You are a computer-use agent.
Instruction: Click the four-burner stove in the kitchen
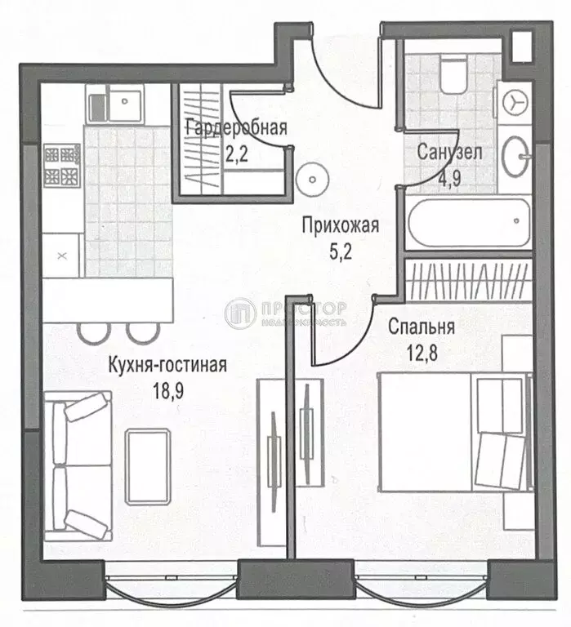(62, 164)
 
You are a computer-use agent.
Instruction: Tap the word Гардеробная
(236, 127)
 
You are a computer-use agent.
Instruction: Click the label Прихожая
(340, 226)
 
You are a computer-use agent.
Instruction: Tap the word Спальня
(422, 327)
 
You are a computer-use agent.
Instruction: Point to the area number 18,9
(167, 390)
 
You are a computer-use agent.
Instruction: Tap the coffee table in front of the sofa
(146, 457)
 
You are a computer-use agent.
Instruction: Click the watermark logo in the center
(242, 313)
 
